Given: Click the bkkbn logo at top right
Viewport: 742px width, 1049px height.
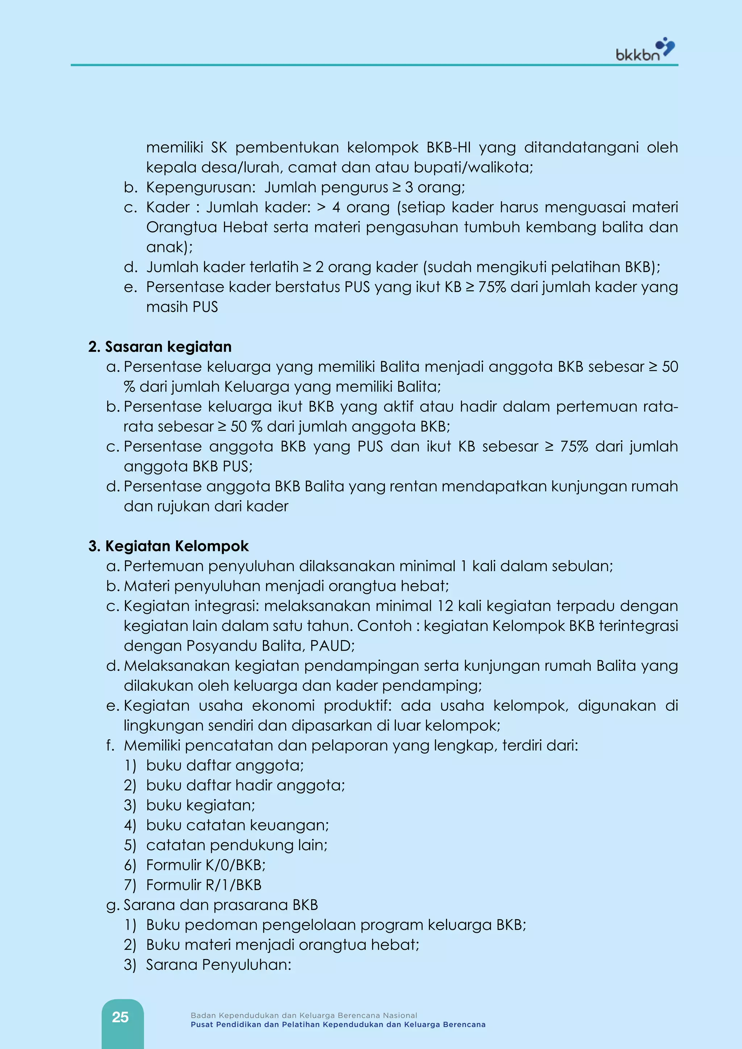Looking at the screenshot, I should pyautogui.click(x=645, y=50).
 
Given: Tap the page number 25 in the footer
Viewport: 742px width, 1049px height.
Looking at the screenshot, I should pyautogui.click(x=120, y=1017).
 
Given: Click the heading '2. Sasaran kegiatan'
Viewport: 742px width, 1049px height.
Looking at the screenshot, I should pyautogui.click(x=160, y=347).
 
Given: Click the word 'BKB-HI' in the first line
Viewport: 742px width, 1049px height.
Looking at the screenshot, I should pyautogui.click(x=448, y=147).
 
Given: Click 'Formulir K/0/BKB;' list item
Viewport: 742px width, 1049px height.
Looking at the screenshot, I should pyautogui.click(x=205, y=865).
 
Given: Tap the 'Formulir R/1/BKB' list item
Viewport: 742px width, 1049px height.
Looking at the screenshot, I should pyautogui.click(x=203, y=885).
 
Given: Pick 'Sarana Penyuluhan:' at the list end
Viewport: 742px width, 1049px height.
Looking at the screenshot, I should pyautogui.click(x=218, y=965).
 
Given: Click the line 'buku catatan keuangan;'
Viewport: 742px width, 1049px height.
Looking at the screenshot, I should pyautogui.click(x=237, y=825).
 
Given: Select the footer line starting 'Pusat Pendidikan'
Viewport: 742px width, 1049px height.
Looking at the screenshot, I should pyautogui.click(x=338, y=1025).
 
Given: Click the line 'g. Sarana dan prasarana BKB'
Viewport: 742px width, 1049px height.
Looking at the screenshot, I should pyautogui.click(x=212, y=904).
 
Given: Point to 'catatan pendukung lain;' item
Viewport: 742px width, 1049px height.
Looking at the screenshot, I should pyautogui.click(x=237, y=845).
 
